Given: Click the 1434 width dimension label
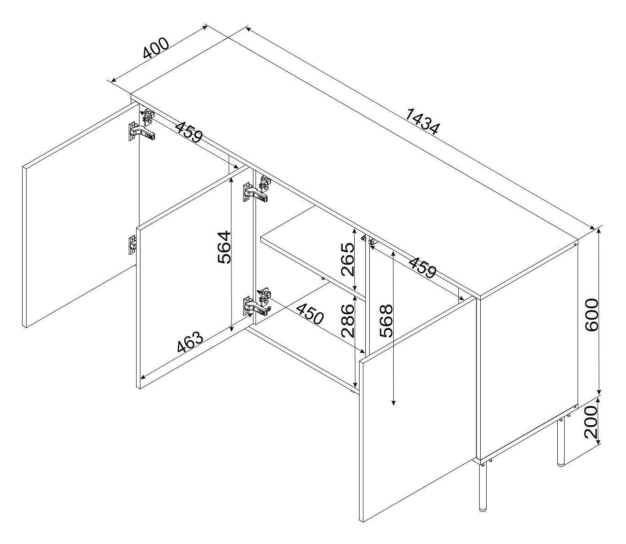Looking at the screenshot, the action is tap(423, 122).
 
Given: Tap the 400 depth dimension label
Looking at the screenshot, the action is tap(156, 48).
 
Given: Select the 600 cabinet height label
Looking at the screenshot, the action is tap(591, 315).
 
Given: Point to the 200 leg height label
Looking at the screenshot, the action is tap(591, 422).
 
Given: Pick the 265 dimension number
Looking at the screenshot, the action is tap(347, 260).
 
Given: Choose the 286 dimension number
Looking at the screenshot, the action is tap(347, 321).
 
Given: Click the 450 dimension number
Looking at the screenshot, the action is tap(310, 314).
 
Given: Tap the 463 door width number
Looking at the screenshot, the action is tap(190, 341).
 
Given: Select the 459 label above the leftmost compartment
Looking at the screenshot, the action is tap(190, 132).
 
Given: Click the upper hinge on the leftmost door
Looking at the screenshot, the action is tap(141, 131).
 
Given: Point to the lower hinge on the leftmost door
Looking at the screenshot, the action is tap(132, 244).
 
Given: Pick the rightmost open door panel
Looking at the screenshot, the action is tap(417, 410).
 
